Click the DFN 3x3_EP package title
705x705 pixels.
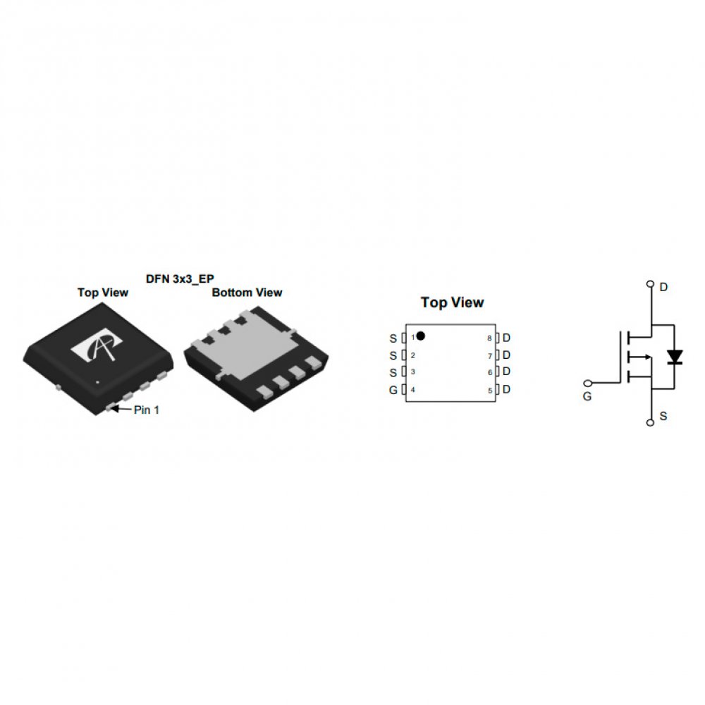(180, 279)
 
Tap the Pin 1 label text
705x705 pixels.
(147, 410)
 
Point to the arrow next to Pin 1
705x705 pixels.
(120, 409)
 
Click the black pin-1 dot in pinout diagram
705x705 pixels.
(421, 336)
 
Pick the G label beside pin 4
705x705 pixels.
(393, 391)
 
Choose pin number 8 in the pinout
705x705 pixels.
(490, 338)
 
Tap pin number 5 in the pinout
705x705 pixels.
(490, 391)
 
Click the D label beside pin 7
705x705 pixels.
(506, 355)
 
